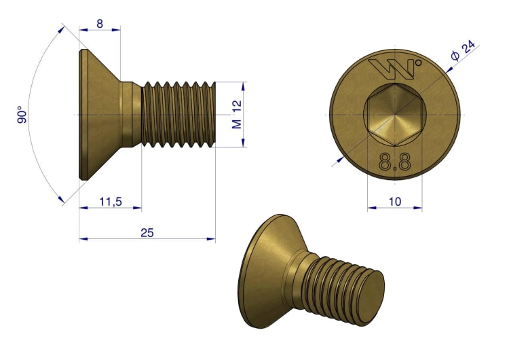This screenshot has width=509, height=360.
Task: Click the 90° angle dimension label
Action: [22, 114]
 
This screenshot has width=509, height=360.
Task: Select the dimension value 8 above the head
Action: [100, 24]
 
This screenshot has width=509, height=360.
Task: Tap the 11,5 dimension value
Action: [111, 202]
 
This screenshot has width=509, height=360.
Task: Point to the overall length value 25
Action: [147, 232]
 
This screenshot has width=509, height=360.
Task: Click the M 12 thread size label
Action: [237, 114]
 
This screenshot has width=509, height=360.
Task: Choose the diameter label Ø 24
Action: [463, 51]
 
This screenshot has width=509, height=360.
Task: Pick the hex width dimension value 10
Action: [395, 202]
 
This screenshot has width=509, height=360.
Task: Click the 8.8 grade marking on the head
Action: [395, 162]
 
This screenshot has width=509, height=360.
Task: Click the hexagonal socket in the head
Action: [395, 115]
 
